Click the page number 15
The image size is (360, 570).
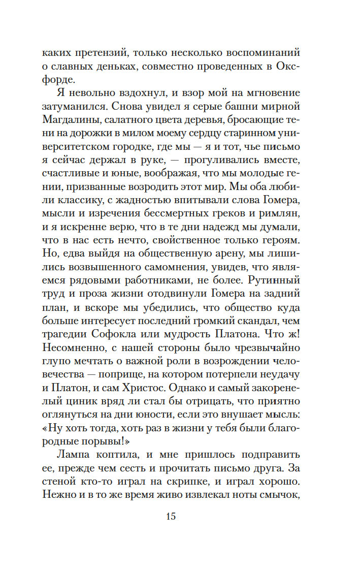tap(170, 517)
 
